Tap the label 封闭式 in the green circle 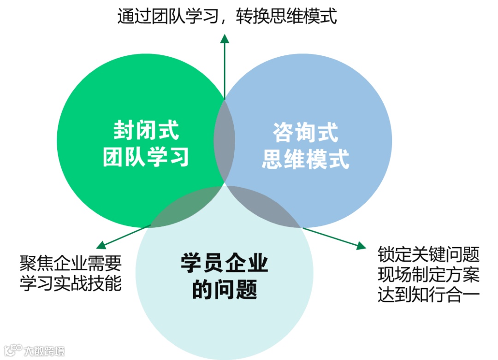pos(146,131)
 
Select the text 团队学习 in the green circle pos(146,157)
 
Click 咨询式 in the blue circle pos(305,133)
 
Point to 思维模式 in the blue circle pos(305,159)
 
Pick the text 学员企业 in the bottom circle pos(225,264)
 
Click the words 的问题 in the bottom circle pos(225,290)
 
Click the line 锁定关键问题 pos(428,254)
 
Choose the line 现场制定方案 pos(428,274)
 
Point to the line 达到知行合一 pos(428,295)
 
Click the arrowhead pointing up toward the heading pos(225,39)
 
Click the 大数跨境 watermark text pos(45,351)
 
